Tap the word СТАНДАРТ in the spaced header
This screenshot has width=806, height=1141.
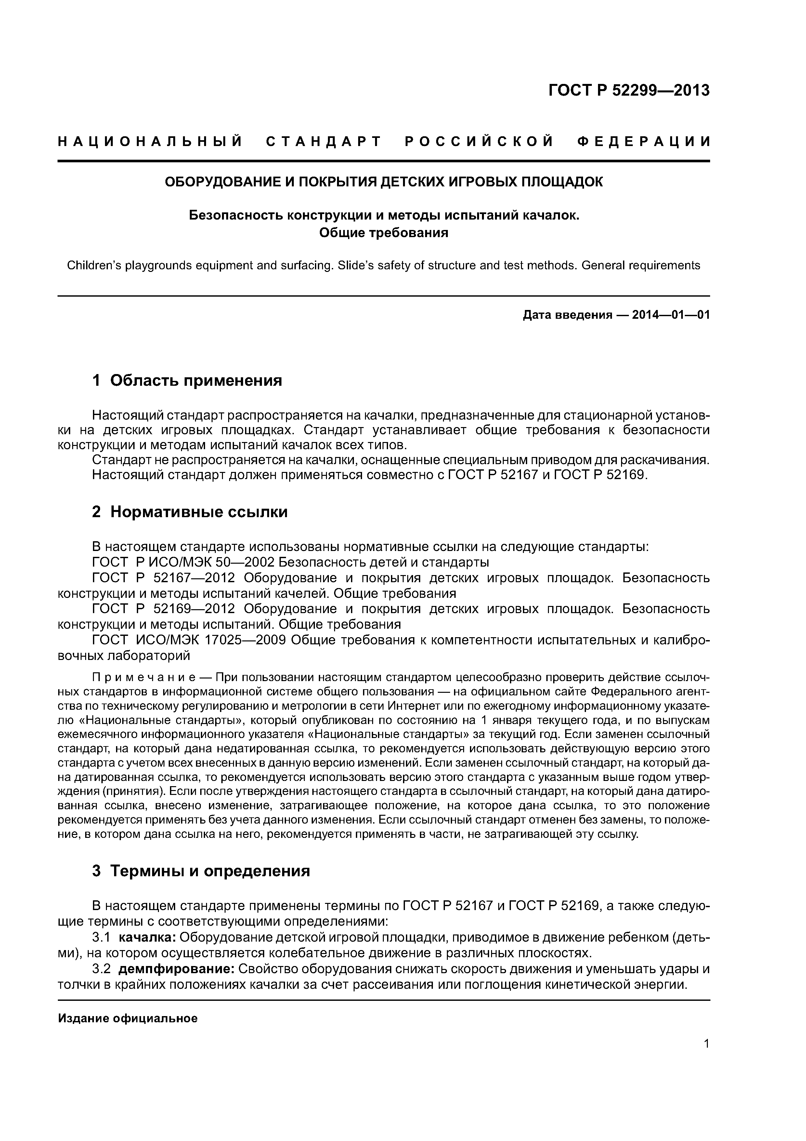pos(323,142)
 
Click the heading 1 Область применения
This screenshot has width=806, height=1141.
pos(187,381)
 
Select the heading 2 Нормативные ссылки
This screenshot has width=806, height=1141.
pos(190,511)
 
